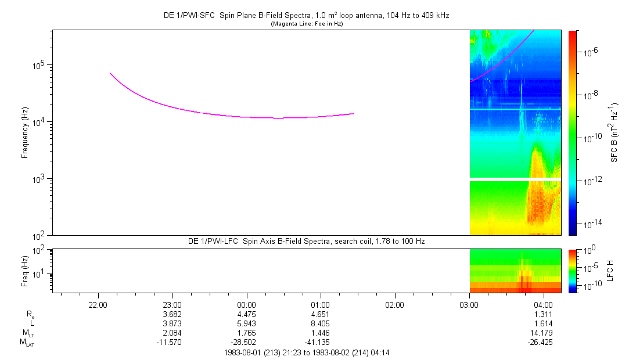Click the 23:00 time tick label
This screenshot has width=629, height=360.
[172, 305]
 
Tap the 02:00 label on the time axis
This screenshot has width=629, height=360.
[395, 305]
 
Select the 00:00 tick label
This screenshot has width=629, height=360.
[246, 305]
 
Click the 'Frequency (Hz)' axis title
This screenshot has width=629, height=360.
[25, 133]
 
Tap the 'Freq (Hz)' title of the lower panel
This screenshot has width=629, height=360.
[25, 271]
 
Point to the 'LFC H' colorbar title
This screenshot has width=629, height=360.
[610, 271]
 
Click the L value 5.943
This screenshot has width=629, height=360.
[246, 323]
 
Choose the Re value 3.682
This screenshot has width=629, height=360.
[172, 314]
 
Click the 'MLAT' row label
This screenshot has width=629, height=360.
[27, 343]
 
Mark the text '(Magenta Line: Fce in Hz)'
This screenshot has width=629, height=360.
[307, 24]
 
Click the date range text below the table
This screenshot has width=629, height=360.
[307, 353]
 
